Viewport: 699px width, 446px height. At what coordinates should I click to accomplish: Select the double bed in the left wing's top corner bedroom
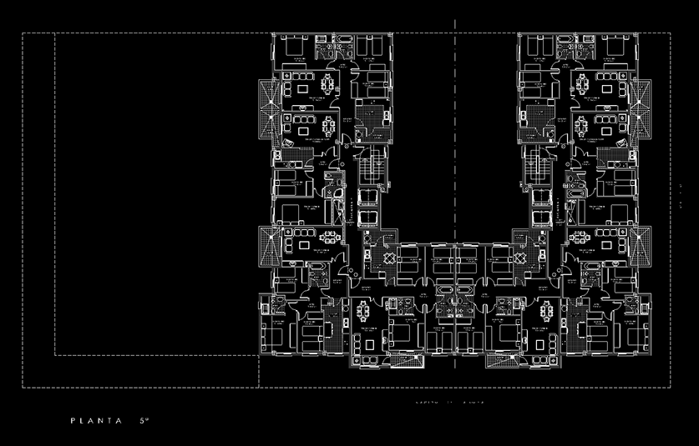coord(293,51)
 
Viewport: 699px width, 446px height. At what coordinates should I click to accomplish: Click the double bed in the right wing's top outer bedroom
coord(615,51)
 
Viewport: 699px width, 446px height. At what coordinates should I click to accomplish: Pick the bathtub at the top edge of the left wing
coord(344,42)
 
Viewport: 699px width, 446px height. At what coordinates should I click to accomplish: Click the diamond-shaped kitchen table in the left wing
coord(388,259)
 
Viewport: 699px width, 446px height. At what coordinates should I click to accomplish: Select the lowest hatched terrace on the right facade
coord(641,246)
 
